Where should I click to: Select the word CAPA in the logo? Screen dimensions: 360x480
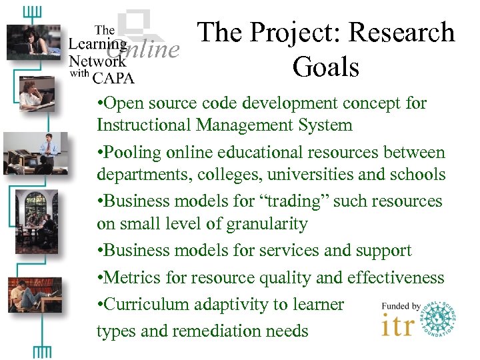pyautogui.click(x=114, y=78)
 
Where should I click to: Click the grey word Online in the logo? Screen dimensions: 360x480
pyautogui.click(x=146, y=48)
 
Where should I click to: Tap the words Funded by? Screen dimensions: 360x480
pyautogui.click(x=401, y=306)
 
